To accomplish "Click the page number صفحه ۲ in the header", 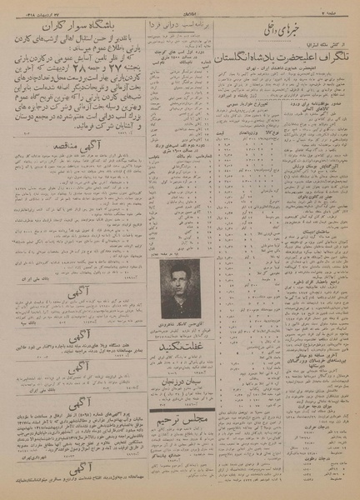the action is (341, 6).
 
